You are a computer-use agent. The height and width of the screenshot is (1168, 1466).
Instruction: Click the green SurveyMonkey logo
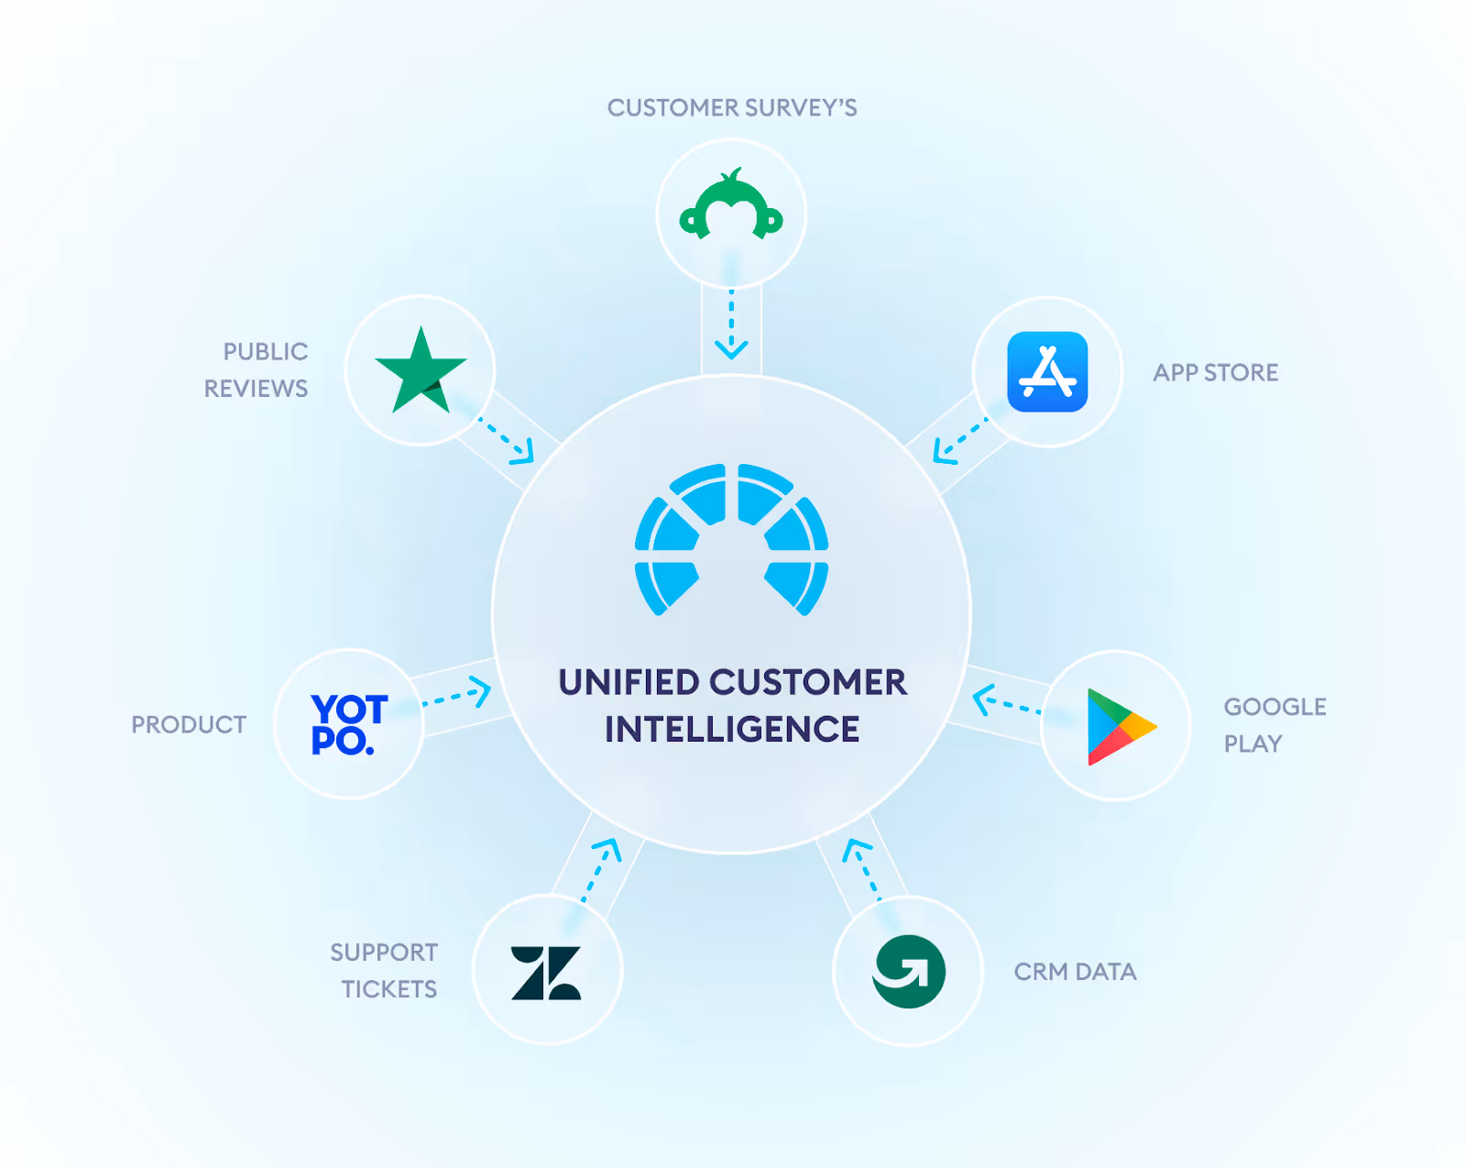(x=731, y=207)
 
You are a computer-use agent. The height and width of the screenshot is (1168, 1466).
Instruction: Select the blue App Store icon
(x=1047, y=372)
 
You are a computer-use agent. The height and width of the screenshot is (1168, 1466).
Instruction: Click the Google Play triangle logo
(x=1119, y=726)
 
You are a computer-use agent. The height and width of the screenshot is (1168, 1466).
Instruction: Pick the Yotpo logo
(x=349, y=724)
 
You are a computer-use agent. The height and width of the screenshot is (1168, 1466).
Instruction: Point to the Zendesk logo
(x=546, y=973)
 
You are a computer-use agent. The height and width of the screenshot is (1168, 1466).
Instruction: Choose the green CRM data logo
(x=908, y=972)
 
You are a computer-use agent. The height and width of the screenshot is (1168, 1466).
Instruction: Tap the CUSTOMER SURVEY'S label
(x=732, y=108)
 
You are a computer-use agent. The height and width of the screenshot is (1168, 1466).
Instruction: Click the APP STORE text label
(x=1215, y=373)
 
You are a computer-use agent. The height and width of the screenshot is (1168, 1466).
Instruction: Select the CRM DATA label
(x=1075, y=972)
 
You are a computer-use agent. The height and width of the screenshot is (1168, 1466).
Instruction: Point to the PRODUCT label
(x=189, y=725)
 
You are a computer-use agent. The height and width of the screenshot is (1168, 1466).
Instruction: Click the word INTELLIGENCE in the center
(x=732, y=730)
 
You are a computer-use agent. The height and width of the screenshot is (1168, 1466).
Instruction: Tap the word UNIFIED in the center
(x=629, y=683)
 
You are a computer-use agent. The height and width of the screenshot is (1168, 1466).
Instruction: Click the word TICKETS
(x=389, y=989)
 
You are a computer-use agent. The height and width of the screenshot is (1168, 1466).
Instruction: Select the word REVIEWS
(x=256, y=389)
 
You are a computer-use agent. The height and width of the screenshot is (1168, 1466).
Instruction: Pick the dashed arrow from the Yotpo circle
(x=456, y=695)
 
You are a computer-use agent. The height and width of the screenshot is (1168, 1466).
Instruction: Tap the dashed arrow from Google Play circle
(x=1006, y=703)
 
